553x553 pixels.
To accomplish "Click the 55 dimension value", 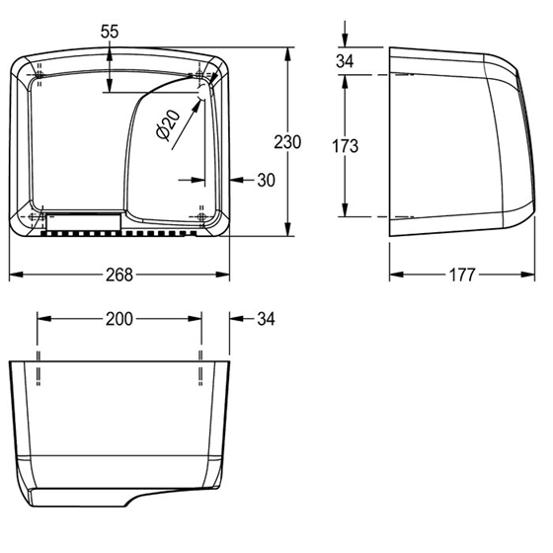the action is click(110, 32).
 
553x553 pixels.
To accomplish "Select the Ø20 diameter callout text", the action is click(168, 124).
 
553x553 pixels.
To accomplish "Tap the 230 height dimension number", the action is click(287, 142).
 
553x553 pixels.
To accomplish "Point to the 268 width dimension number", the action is click(119, 275).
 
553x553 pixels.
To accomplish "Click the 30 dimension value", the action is click(266, 180).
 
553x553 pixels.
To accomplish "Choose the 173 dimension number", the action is click(345, 146).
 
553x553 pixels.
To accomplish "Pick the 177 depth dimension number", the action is click(462, 275).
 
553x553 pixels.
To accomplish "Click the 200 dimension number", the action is click(119, 319).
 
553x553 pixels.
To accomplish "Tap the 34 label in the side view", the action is click(345, 61).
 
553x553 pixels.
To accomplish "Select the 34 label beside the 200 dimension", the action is click(266, 319).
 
